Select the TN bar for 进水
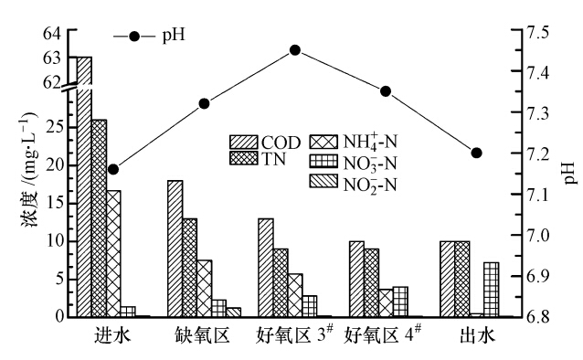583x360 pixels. coord(99,219)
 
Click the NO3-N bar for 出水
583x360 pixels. coord(492,290)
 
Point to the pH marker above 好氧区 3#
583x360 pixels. coord(295,49)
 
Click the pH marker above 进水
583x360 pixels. coord(113,169)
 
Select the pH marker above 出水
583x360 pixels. coord(476,153)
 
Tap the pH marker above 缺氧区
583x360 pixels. coord(204,103)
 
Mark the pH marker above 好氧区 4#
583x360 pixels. coord(386,91)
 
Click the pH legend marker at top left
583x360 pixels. coord(135,37)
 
